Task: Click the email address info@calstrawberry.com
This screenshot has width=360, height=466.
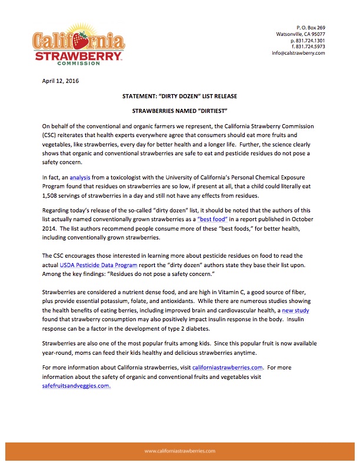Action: pos(298,53)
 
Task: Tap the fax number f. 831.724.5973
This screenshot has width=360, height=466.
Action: pos(306,46)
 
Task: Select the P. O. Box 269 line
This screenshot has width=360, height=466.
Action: pos(311,27)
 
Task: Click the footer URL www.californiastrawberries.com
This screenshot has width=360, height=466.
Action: pos(179,451)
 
